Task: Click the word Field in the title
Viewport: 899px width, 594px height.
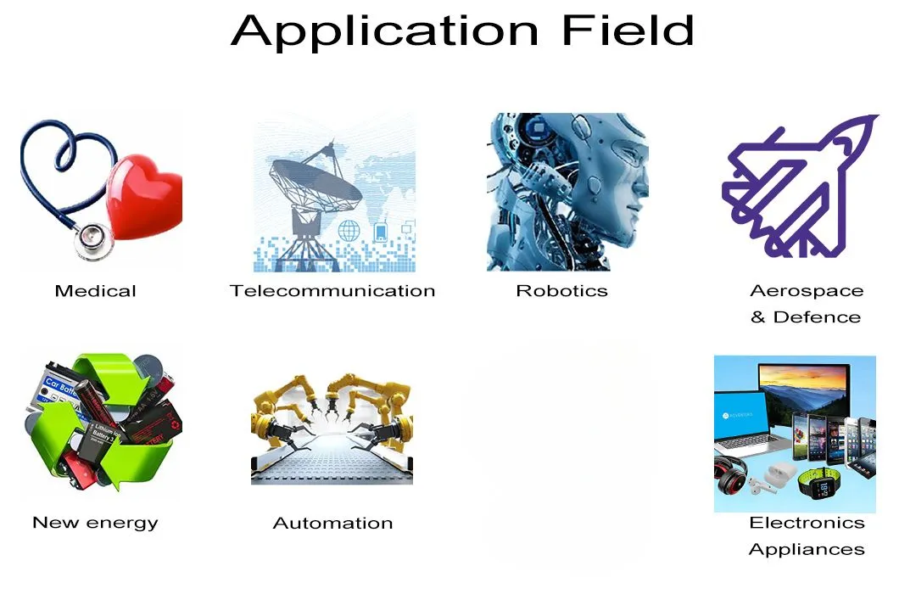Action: click(x=628, y=31)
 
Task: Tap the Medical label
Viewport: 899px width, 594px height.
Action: click(x=95, y=291)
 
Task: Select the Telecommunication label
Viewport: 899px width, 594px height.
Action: click(x=332, y=291)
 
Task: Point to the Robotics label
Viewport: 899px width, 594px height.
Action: click(x=561, y=291)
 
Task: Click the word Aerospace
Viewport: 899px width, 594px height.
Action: click(x=807, y=291)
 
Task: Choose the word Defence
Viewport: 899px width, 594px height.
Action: click(x=817, y=317)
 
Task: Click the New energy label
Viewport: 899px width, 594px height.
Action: click(x=95, y=523)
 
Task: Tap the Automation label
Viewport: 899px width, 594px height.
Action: click(x=332, y=524)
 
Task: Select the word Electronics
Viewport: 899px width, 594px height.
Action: click(x=807, y=523)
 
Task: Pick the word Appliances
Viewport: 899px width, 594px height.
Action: click(x=807, y=549)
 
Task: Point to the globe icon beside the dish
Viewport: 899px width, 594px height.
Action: click(x=349, y=230)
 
